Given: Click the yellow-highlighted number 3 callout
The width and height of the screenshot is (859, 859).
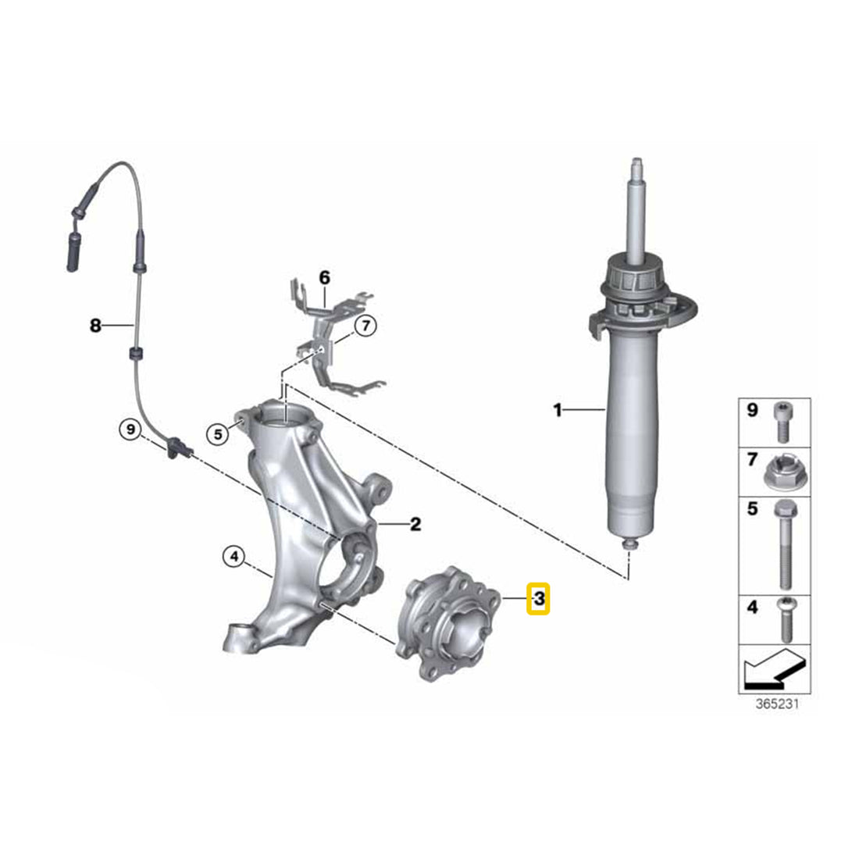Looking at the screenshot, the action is pos(538,598).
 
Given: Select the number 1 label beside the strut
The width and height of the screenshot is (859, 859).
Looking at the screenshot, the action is pos(558,410).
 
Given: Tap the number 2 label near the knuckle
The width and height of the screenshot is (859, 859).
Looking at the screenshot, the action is pos(415,524).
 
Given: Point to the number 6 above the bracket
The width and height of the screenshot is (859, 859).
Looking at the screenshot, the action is pos(325,278).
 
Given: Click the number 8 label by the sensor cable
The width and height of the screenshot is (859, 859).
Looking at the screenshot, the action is pos(95,326).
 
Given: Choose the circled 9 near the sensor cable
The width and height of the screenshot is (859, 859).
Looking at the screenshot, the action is pos(130,429).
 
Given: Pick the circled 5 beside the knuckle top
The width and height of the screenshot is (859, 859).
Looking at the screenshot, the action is pos(218,434).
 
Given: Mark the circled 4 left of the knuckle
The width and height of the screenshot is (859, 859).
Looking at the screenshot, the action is pos(234,557).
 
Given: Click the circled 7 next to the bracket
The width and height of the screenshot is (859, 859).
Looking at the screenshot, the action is pos(365,326).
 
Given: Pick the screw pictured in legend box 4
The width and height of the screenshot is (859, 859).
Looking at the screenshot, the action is pos(786,619).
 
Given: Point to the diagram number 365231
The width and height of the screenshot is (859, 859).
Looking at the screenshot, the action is pos(777,704).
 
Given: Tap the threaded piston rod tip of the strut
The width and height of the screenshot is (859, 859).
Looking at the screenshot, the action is pos(636,166).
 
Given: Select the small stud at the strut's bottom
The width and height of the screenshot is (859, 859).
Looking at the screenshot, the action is pos(630,544).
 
